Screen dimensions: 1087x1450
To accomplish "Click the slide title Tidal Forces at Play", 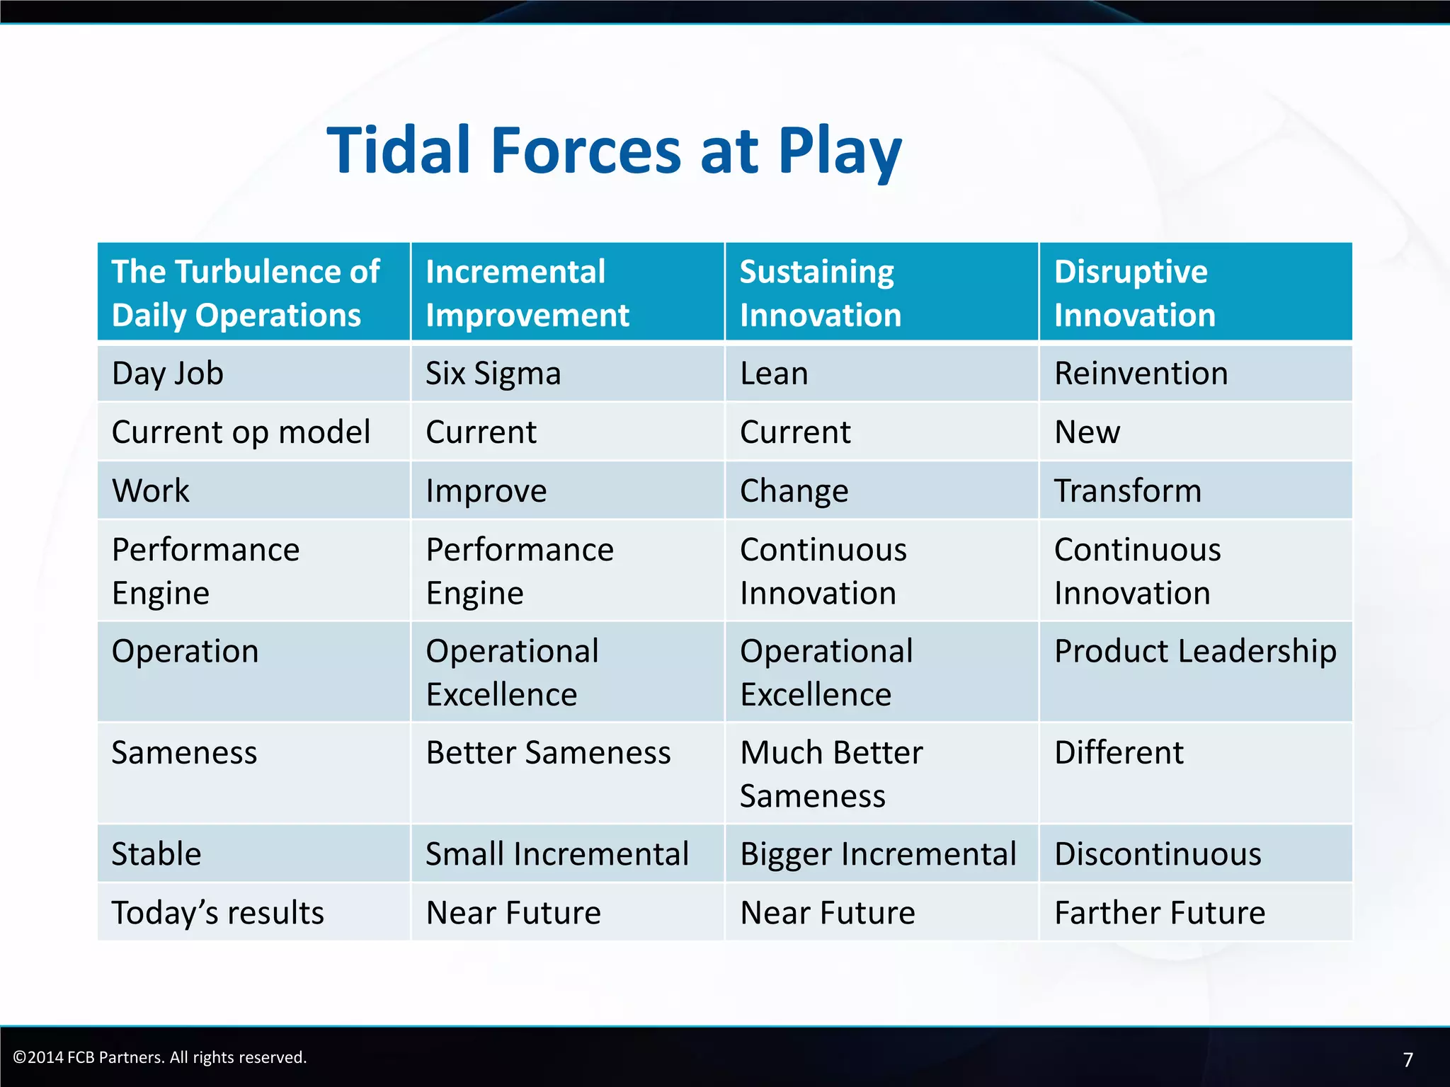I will (x=614, y=151).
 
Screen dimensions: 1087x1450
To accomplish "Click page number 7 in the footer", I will (x=1408, y=1059).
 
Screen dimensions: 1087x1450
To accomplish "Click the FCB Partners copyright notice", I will (x=160, y=1057).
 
